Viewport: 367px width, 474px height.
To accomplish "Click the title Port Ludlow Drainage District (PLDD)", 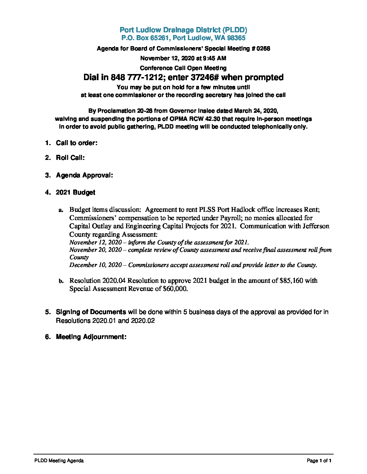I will [183, 30].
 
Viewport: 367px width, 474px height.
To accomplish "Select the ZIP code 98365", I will [236, 38].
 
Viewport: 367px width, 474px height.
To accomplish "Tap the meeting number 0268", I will [263, 48].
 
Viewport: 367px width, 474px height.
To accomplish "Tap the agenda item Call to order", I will [77, 143].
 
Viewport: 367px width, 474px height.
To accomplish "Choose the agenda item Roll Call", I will [70, 158].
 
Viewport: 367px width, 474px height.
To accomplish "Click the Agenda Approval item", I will [84, 175].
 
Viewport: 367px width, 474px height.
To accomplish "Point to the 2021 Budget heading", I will [76, 193].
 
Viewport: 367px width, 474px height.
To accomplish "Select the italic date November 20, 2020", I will [95, 250].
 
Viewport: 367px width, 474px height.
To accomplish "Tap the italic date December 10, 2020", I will [95, 265].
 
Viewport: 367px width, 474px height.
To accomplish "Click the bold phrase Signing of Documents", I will [91, 312].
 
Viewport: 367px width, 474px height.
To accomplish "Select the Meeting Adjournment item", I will [91, 337].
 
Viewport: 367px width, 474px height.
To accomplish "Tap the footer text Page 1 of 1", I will [319, 461].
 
